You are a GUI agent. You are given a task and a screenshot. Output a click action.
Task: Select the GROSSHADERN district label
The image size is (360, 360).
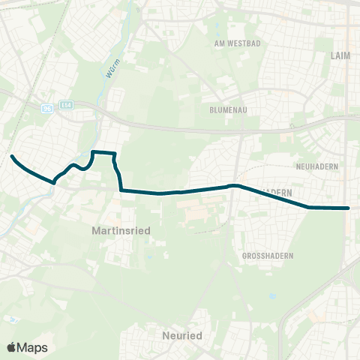click(x=268, y=256)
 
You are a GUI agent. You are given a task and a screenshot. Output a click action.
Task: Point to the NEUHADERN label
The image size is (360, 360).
click(x=318, y=165)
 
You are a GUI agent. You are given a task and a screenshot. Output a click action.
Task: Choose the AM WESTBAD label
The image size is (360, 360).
click(x=237, y=43)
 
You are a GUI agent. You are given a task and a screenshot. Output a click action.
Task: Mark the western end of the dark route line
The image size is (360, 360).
click(x=12, y=156)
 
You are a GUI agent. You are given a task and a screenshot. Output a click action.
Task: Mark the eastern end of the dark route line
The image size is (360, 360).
click(x=349, y=208)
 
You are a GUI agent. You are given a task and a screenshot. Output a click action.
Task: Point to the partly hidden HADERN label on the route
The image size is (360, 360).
click(x=278, y=193)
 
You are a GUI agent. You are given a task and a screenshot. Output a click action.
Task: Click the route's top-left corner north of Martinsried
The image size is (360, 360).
click(x=92, y=152)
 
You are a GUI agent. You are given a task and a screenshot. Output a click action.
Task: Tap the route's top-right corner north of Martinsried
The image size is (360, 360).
click(x=115, y=154)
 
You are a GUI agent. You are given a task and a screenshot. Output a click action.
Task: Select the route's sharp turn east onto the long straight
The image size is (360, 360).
click(x=121, y=190)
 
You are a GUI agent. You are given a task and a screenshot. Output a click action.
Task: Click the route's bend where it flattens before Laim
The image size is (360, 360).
click(x=309, y=207)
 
